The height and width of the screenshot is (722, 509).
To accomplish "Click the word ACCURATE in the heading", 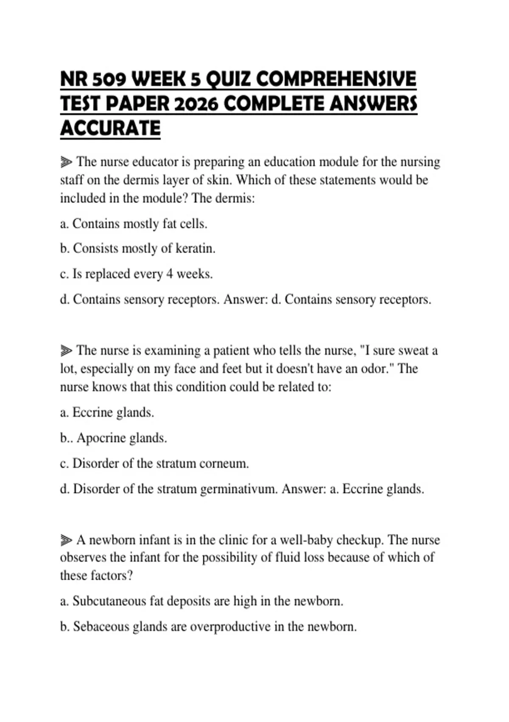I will click(110, 129).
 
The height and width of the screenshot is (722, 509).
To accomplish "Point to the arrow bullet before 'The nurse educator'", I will click(66, 162).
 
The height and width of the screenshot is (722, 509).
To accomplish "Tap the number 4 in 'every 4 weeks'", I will click(169, 274).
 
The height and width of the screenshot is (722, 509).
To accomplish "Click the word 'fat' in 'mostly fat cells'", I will click(169, 224).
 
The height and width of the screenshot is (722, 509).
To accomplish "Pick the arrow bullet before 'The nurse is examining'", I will click(66, 351).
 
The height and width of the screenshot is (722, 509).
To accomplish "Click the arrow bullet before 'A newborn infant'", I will click(66, 540).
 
